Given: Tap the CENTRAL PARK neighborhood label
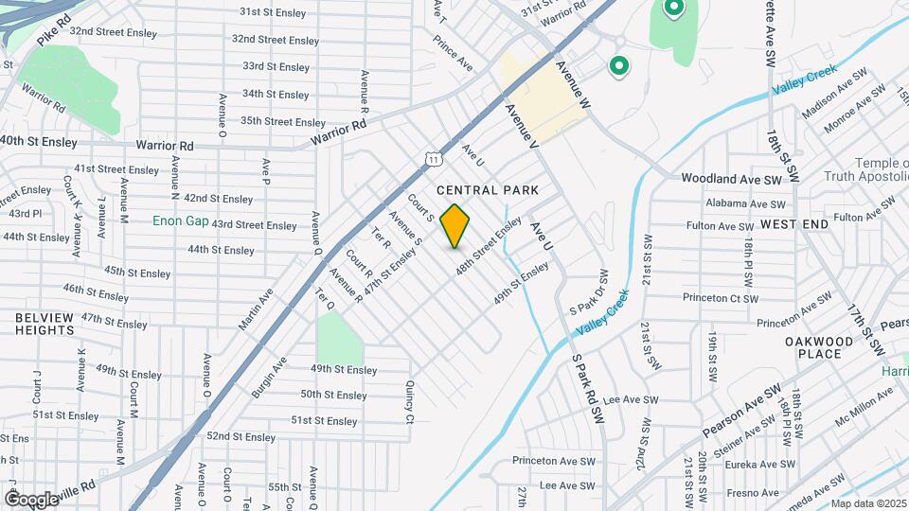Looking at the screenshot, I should tap(488, 190).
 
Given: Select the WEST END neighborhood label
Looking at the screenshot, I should tap(793, 224).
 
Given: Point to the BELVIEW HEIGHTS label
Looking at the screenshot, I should tap(45, 324).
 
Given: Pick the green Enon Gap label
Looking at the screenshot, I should tap(180, 220).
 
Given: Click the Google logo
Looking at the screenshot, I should tap(31, 499).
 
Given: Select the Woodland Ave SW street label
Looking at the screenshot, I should tap(732, 179).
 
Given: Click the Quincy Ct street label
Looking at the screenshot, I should tap(410, 402).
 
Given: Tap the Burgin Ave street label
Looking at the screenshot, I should tap(268, 376).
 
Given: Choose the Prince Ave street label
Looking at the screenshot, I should tap(453, 53).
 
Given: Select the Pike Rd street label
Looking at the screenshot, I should tap(54, 33).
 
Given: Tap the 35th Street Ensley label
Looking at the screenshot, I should tap(269, 121).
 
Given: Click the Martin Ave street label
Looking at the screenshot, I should tap(257, 308).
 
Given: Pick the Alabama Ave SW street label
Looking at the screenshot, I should tap(746, 203).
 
